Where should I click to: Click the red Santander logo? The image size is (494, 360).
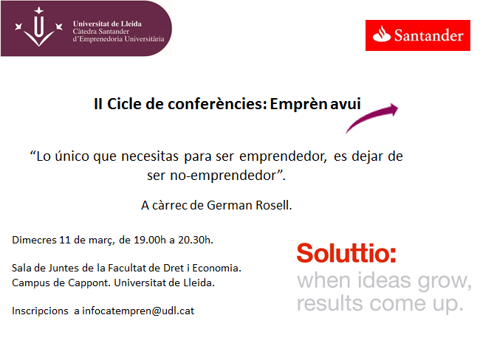tap(418, 35)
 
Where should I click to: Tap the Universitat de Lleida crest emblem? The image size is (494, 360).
tap(38, 27)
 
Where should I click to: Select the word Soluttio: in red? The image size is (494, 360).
tap(346, 253)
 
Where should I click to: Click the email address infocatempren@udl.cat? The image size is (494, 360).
tap(138, 311)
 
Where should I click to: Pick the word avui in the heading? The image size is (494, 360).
tap(346, 104)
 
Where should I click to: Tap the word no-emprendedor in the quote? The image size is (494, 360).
tap(227, 176)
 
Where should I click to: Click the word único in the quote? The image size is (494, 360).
tap(72, 156)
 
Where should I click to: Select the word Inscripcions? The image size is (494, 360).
tap(40, 311)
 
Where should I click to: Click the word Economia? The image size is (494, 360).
tap(217, 268)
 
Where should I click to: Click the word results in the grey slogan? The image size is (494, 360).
tap(330, 303)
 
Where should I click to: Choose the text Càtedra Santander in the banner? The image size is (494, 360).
tap(101, 32)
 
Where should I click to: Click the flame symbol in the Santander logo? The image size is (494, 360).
tap(382, 34)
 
